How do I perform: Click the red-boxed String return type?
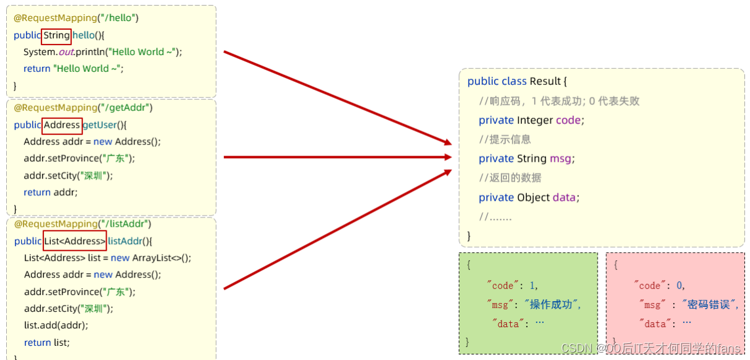56,35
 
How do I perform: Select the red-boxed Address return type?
62,125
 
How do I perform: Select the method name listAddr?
125,241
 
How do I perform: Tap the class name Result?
545,81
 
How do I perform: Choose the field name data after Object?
564,197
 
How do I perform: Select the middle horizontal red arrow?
338,157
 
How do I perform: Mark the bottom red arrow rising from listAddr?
338,229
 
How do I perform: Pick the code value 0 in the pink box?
680,286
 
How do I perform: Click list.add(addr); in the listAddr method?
56,325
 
